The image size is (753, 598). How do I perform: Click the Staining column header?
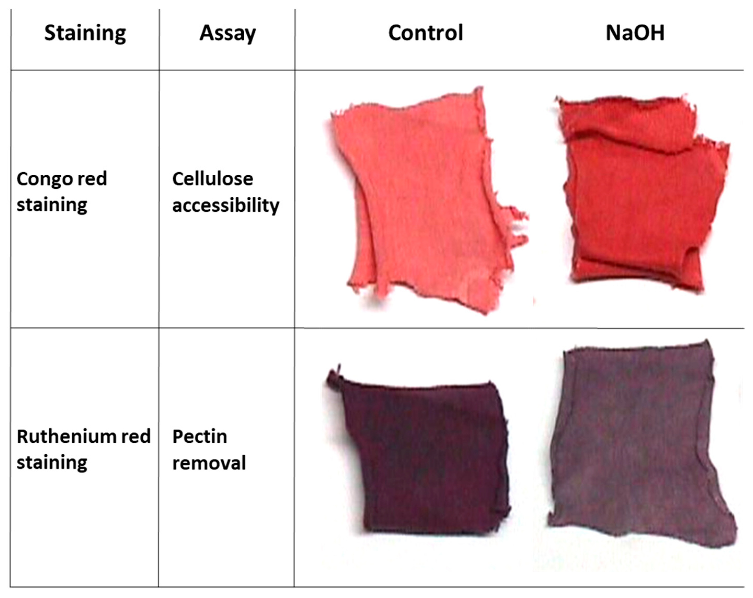(85, 33)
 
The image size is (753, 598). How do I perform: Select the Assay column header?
(227, 33)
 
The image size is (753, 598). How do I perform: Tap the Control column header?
(426, 33)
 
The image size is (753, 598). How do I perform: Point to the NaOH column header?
(635, 33)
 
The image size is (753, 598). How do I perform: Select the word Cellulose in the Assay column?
(212, 179)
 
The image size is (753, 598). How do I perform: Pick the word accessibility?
(225, 205)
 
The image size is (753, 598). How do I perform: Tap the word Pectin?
(199, 436)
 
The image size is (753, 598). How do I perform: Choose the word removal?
(209, 463)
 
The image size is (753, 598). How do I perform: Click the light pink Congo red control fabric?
(419, 202)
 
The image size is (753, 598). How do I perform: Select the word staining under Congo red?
(52, 205)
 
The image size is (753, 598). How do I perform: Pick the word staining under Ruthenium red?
(52, 463)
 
